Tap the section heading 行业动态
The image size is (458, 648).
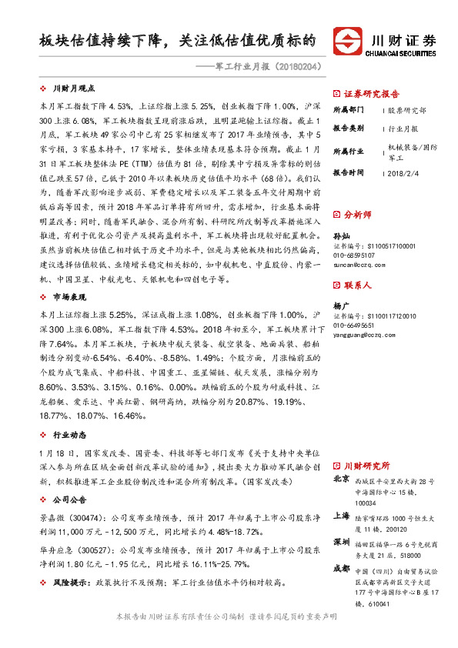(69, 436)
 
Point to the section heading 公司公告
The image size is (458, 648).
(69, 499)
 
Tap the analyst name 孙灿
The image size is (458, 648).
(340, 234)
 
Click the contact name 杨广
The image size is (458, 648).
(340, 305)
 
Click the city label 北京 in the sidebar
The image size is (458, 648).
(340, 479)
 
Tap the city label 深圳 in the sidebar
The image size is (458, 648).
(340, 543)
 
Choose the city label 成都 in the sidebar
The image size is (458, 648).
(340, 570)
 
